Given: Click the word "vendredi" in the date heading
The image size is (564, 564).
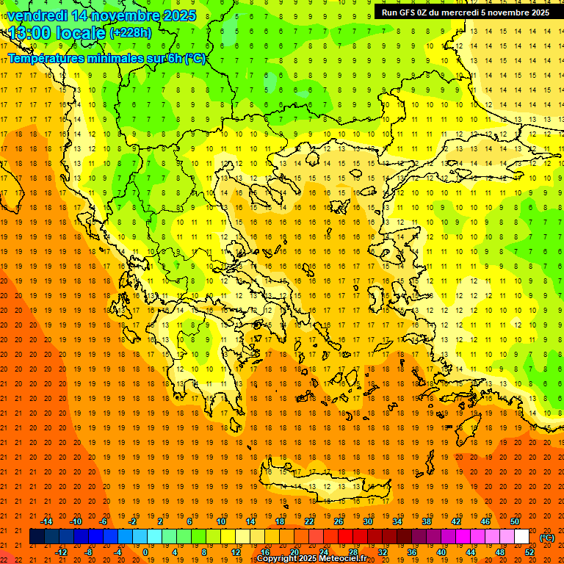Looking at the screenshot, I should click(x=37, y=15).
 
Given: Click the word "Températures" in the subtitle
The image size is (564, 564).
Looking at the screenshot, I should click(x=43, y=58).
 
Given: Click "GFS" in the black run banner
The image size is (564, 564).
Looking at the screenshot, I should click(x=408, y=12).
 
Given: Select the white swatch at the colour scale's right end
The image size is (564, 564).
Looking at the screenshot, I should click(x=521, y=537).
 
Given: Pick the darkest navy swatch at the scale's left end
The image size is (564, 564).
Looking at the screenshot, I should click(x=37, y=537).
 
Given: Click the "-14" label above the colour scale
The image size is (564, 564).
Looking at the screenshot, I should click(x=46, y=521).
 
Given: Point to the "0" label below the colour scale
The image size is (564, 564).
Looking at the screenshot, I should click(x=145, y=552).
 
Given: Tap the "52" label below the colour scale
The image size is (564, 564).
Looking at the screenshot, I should click(x=529, y=552).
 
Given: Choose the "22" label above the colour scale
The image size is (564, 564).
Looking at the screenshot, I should click(x=309, y=521).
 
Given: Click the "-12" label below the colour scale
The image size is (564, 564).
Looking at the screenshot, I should click(x=61, y=552).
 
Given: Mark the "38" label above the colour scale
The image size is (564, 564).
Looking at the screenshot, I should click(x=427, y=521).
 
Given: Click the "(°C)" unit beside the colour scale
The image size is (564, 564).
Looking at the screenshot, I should click(x=547, y=538).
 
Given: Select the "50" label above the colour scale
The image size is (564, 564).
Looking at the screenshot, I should click(x=515, y=521).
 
